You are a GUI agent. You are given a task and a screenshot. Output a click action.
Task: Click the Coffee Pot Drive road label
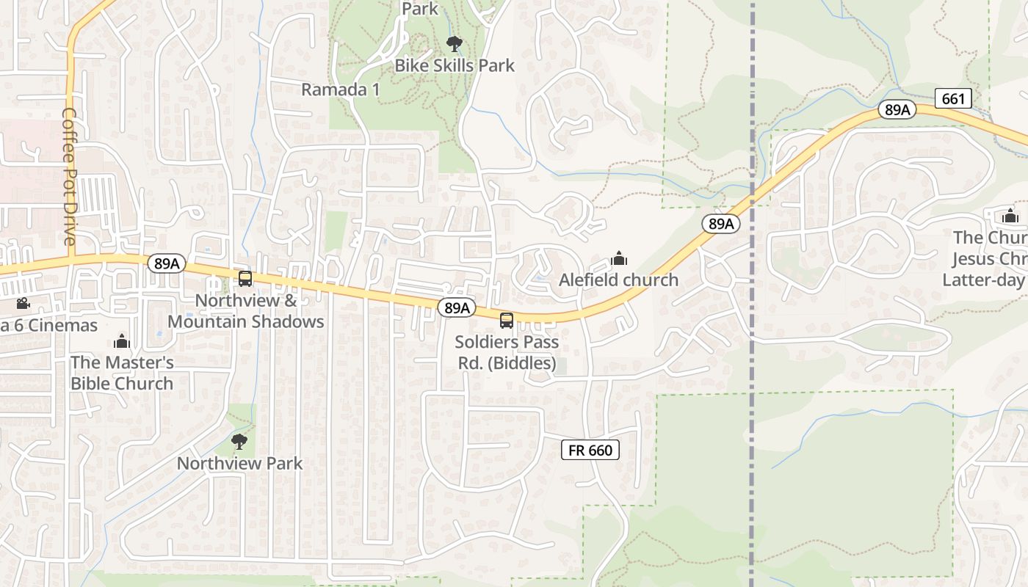69,177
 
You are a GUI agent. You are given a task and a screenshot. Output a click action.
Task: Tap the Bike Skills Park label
455,65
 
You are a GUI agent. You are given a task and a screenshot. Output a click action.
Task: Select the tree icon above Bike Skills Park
455,44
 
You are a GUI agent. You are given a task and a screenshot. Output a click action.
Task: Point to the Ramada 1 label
341,90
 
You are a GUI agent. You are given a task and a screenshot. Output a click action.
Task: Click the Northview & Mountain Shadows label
246,311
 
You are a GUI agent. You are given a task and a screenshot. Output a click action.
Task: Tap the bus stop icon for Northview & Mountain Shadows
245,279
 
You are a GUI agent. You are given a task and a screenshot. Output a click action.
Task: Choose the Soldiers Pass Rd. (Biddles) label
507,352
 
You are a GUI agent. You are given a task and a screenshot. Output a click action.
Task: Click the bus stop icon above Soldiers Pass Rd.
507,320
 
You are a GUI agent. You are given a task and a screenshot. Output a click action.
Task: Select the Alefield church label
618,280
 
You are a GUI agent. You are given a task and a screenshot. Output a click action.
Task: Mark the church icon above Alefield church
619,258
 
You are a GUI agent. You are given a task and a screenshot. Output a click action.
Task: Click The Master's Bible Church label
122,373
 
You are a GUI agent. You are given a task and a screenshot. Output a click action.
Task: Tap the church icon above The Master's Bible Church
122,341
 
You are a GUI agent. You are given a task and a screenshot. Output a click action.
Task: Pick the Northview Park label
239,463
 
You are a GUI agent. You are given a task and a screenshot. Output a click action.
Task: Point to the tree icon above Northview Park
239,441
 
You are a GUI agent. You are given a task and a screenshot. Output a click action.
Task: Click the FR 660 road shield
590,450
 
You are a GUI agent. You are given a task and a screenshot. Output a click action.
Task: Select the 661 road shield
953,98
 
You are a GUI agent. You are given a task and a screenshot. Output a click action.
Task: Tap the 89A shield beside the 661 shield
897,110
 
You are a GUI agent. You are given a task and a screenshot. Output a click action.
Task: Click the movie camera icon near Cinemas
23,303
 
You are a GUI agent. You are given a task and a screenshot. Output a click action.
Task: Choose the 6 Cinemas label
48,325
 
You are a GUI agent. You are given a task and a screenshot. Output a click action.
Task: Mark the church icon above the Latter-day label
1010,216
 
